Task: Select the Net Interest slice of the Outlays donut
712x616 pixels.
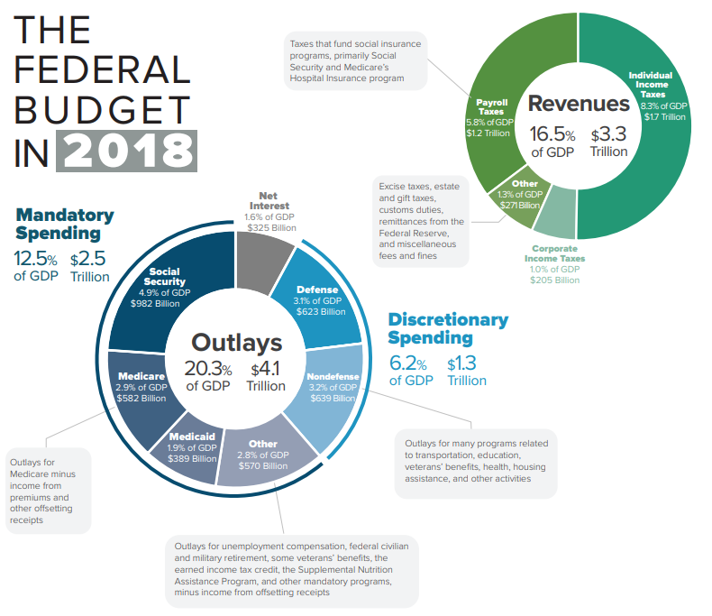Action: point(264,271)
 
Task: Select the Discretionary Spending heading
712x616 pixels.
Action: point(448,329)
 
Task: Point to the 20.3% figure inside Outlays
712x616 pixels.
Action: point(209,369)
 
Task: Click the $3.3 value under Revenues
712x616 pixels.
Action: point(608,134)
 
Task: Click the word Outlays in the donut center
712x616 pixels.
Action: point(236,343)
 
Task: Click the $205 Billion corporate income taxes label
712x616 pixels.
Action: point(554,280)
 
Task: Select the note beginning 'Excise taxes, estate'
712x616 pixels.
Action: point(421,220)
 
